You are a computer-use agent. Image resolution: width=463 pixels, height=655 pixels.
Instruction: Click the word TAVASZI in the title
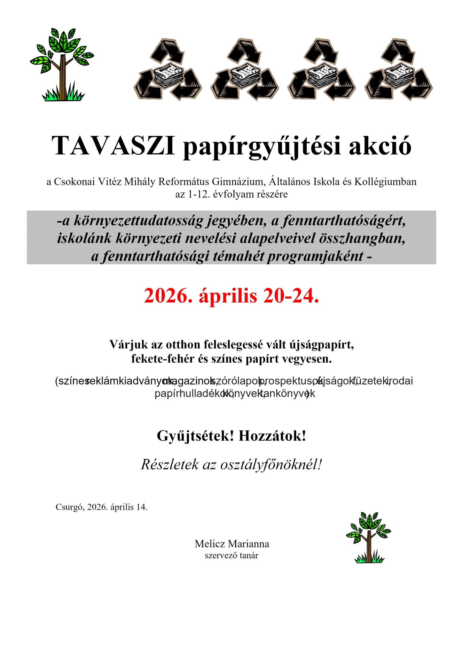point(113,146)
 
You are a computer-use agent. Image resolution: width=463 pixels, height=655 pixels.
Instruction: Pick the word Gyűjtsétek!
point(195,436)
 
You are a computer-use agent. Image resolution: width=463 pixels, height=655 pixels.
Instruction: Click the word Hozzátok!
point(272,436)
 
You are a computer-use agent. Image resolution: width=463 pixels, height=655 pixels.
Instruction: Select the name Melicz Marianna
point(232,544)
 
